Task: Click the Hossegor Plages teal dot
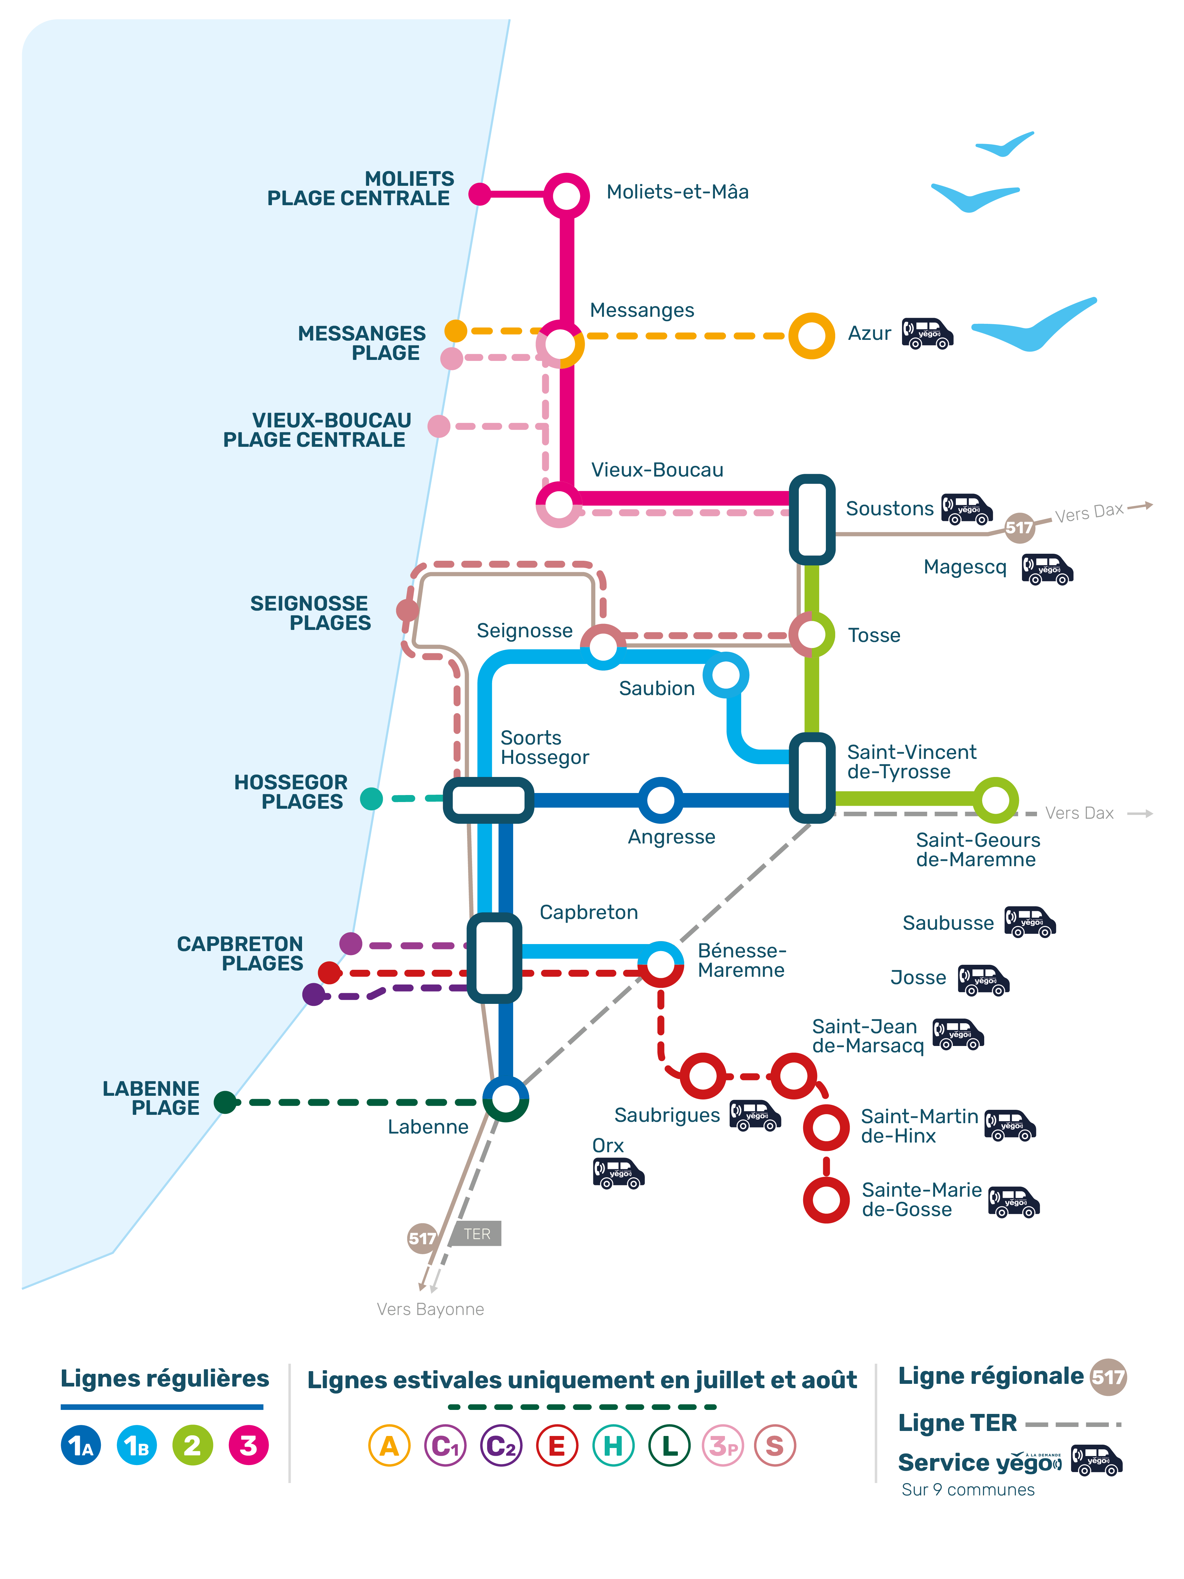(371, 799)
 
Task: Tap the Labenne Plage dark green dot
(226, 1102)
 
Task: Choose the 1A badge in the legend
(81, 1446)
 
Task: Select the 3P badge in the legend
(723, 1446)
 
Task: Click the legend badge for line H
(613, 1446)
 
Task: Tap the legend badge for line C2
(501, 1446)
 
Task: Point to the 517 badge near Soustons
(1020, 528)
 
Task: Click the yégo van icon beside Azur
(927, 334)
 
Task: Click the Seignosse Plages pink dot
(408, 610)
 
